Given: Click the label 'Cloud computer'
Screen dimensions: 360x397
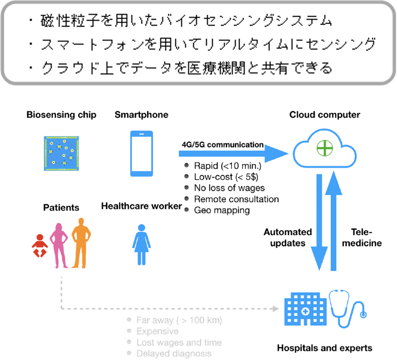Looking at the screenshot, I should click(x=324, y=115).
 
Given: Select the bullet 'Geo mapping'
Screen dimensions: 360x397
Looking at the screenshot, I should click(x=222, y=210).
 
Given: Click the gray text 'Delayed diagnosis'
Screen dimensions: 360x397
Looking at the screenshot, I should click(x=174, y=353).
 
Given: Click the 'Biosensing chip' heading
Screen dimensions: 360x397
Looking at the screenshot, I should click(x=61, y=115).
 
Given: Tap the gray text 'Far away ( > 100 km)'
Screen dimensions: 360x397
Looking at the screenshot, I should click(x=180, y=320).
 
